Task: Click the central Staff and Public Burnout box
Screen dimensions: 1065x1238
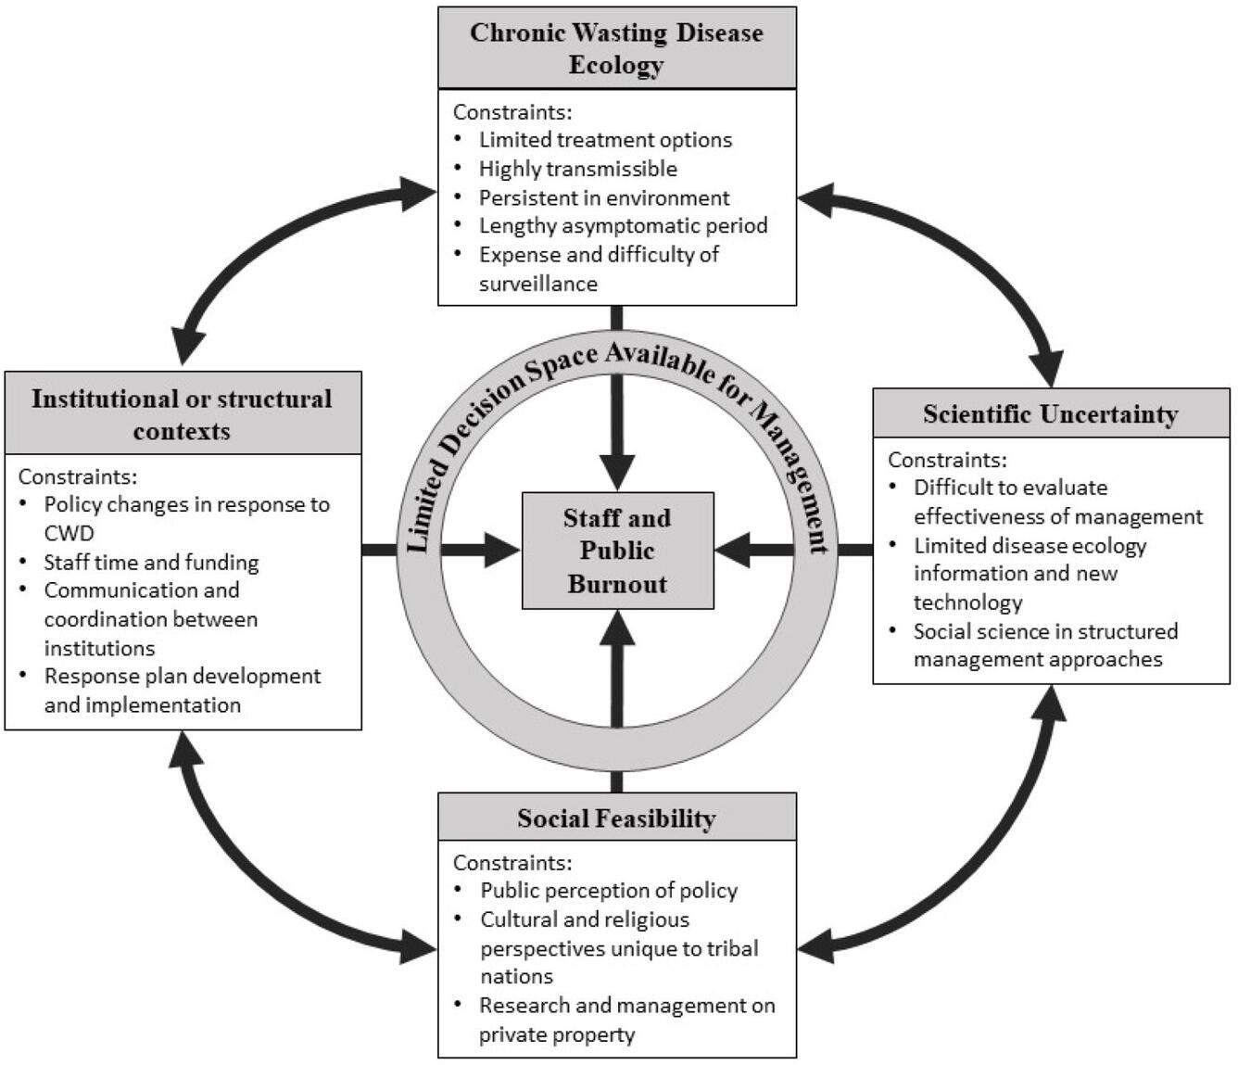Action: pyautogui.click(x=617, y=551)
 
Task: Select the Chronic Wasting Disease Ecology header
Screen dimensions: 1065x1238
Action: pyautogui.click(x=616, y=48)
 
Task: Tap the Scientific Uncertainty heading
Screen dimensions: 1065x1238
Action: pyautogui.click(x=1050, y=413)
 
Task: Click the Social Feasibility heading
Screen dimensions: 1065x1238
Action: pyautogui.click(x=616, y=818)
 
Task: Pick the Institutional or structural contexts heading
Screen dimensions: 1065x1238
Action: pyautogui.click(x=182, y=413)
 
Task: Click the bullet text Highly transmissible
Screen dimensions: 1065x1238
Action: pyautogui.click(x=577, y=169)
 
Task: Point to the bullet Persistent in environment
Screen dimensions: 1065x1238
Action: pyautogui.click(x=603, y=197)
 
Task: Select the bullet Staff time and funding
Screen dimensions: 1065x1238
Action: pyautogui.click(x=151, y=562)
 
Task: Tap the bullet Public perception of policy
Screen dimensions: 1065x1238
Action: pyautogui.click(x=608, y=891)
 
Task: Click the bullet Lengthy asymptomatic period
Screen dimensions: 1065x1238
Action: pyautogui.click(x=623, y=225)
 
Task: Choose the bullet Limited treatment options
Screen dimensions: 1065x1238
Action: pyautogui.click(x=605, y=140)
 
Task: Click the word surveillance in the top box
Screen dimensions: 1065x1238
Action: pyautogui.click(x=537, y=284)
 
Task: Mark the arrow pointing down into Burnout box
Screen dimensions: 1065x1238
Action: pyautogui.click(x=617, y=445)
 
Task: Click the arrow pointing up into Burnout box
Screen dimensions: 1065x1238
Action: pyautogui.click(x=617, y=658)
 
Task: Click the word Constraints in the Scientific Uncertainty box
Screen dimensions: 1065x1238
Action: pyautogui.click(x=945, y=460)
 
